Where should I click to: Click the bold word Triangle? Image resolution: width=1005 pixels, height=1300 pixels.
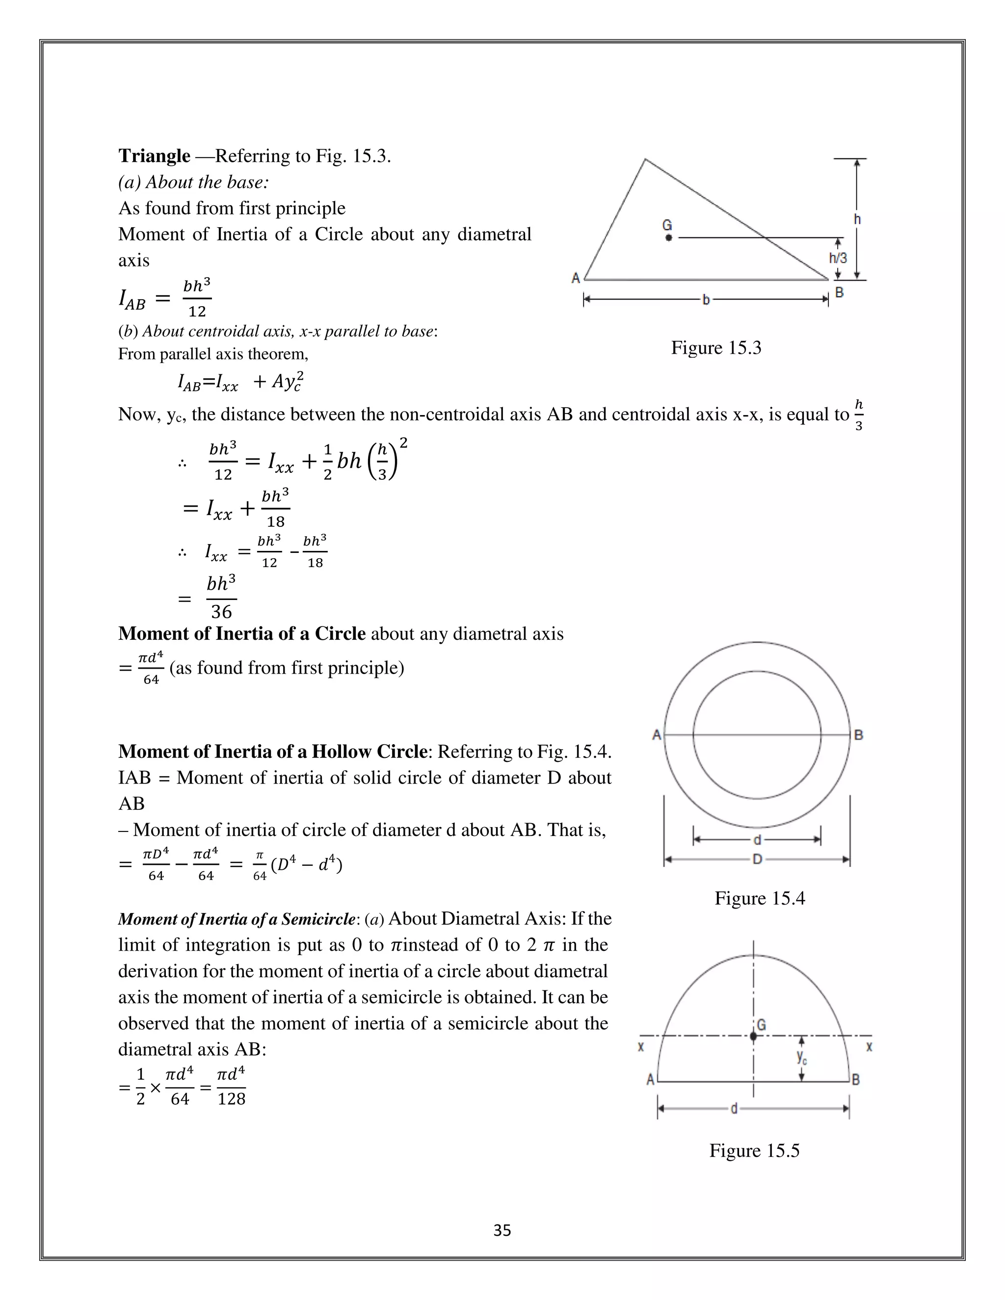(154, 156)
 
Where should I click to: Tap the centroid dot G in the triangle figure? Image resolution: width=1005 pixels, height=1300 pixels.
(669, 237)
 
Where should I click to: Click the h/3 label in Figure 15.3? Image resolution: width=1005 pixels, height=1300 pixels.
(838, 258)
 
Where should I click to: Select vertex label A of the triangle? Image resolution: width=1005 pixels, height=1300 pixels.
(576, 278)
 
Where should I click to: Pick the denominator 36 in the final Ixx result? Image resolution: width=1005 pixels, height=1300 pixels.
(221, 612)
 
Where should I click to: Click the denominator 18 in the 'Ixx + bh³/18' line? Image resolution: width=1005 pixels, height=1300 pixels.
(276, 522)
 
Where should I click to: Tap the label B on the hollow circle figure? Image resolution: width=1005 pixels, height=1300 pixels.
(859, 735)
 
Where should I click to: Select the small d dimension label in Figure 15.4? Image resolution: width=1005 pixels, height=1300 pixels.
(757, 840)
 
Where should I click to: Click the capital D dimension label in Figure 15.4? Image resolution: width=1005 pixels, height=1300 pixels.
(757, 859)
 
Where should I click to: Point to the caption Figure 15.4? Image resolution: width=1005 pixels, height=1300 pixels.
(760, 898)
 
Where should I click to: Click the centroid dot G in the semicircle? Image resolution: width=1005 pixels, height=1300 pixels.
(754, 1036)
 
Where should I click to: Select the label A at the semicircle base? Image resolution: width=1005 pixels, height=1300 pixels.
(651, 1079)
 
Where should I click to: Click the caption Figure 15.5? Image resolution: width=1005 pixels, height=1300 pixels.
(754, 1150)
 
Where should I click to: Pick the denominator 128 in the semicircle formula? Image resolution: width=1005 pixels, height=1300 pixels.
(232, 1099)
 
